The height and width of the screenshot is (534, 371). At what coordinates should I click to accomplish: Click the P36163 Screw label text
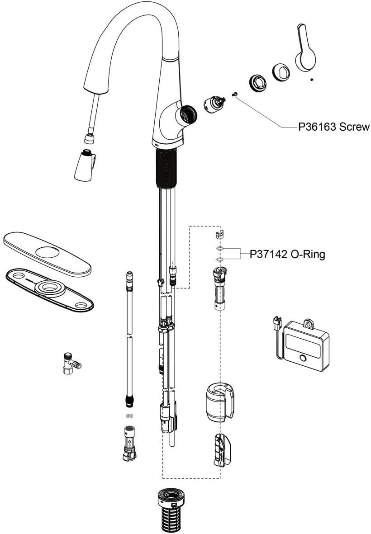coord(333,127)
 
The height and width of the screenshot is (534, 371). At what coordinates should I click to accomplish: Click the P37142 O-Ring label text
coord(287,255)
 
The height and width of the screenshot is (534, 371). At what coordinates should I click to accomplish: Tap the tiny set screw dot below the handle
coord(312,80)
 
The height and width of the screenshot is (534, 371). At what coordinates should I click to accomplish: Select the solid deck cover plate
coord(47,253)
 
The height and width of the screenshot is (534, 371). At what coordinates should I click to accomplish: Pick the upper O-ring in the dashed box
coord(219,249)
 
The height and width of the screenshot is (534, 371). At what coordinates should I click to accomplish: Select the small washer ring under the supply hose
coord(129,415)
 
